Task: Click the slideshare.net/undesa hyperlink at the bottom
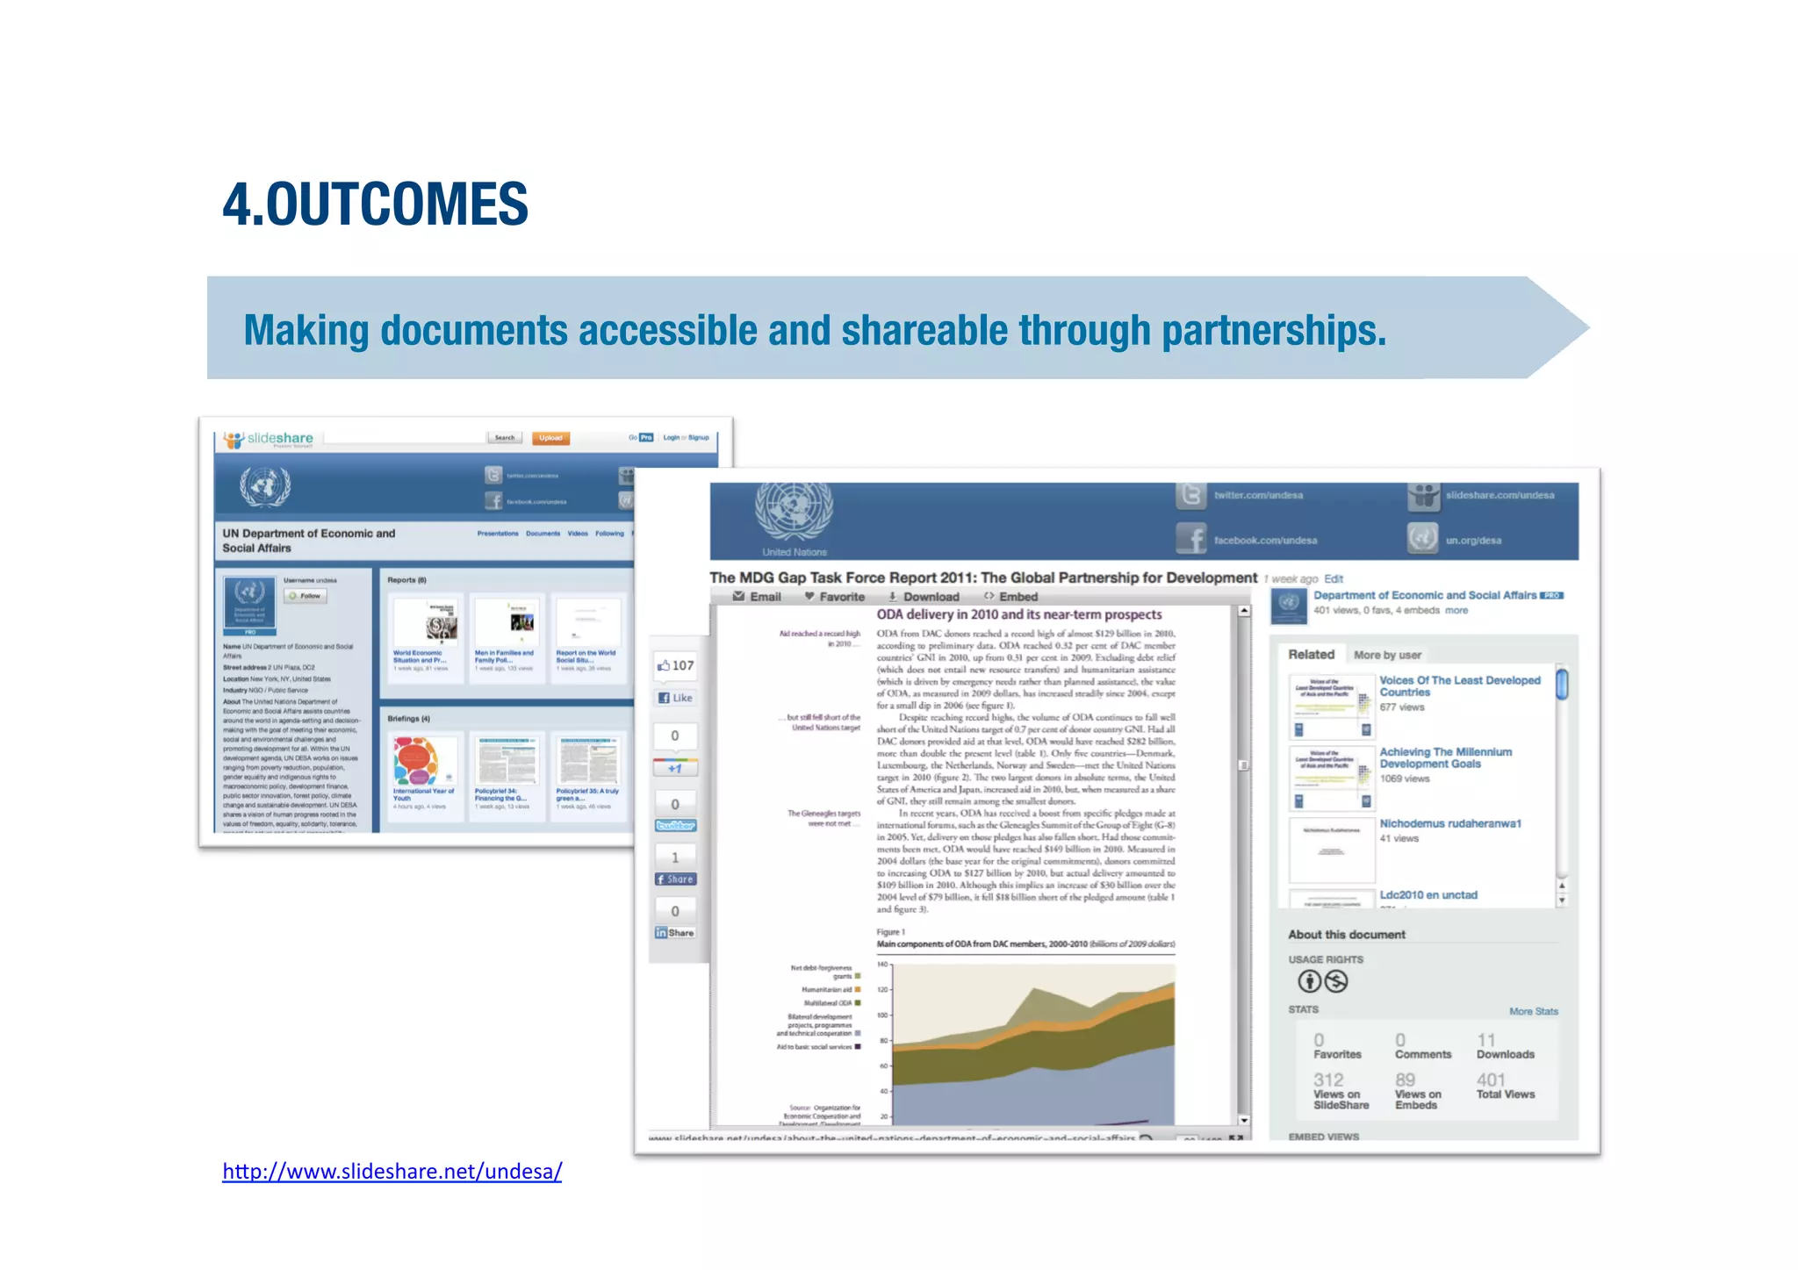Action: click(392, 1171)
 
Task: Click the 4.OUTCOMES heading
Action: click(375, 204)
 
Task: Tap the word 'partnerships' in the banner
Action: click(1272, 331)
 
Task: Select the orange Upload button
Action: click(550, 438)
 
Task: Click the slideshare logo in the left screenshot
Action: click(269, 439)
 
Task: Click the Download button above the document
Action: click(924, 597)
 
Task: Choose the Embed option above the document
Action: click(1011, 597)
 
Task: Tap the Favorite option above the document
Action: click(835, 597)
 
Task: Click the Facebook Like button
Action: click(676, 698)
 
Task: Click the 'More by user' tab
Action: click(1387, 655)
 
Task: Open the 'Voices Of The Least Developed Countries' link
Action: click(1459, 686)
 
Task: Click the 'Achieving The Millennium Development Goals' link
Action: click(1445, 757)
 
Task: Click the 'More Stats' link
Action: click(1533, 1011)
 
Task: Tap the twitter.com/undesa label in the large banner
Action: click(1258, 496)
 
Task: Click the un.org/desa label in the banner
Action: click(1473, 541)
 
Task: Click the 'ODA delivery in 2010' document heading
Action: click(1018, 614)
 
